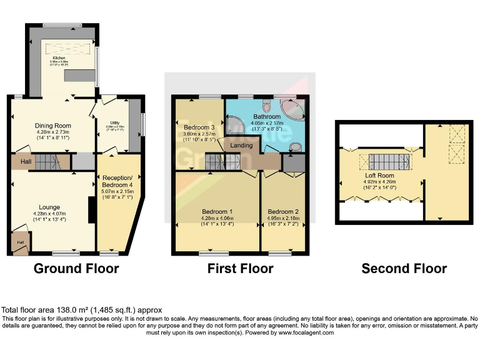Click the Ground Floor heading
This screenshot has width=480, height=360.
point(76,269)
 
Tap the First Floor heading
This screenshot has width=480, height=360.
point(241,269)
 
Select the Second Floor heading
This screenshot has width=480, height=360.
point(404,269)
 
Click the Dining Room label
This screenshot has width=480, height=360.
point(53,126)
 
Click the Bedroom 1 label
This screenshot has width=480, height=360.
point(217,211)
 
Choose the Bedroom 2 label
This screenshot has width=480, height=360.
point(283,211)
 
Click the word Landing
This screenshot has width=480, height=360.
point(241,146)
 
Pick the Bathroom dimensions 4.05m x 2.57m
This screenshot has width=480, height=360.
point(267,123)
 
